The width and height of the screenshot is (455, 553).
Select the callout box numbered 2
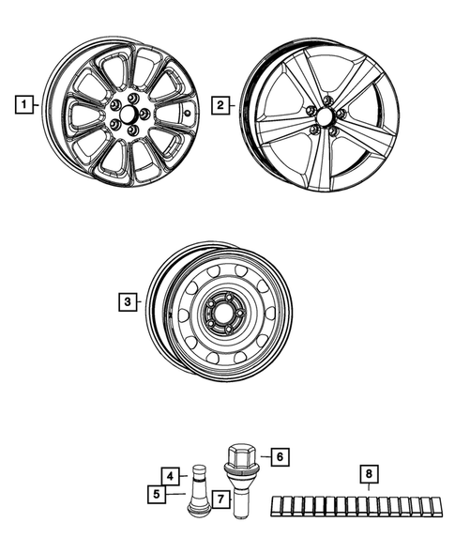tap(221, 106)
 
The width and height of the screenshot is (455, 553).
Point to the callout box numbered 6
tap(278, 457)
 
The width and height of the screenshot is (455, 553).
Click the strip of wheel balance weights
tap(358, 507)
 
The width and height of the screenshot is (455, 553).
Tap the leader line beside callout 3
tap(141, 301)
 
